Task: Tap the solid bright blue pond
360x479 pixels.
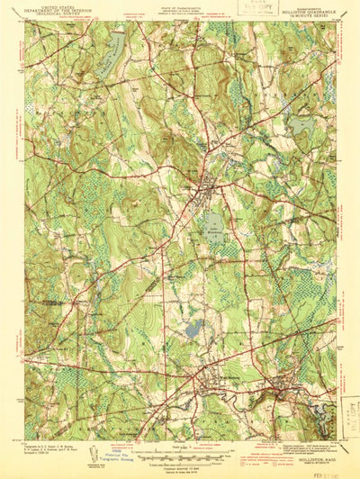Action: tap(193, 330)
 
